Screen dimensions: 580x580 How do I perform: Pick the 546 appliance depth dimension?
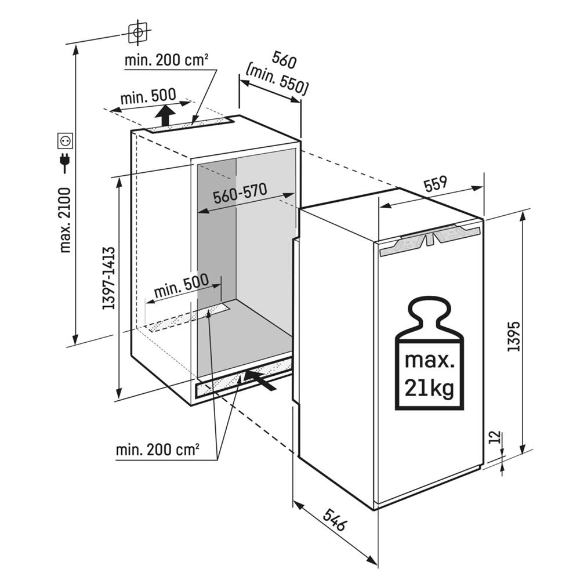335,520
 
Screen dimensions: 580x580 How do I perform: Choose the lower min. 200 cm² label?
158,449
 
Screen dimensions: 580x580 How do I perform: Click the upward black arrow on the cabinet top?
166,114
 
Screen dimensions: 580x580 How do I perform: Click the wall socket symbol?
65,139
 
